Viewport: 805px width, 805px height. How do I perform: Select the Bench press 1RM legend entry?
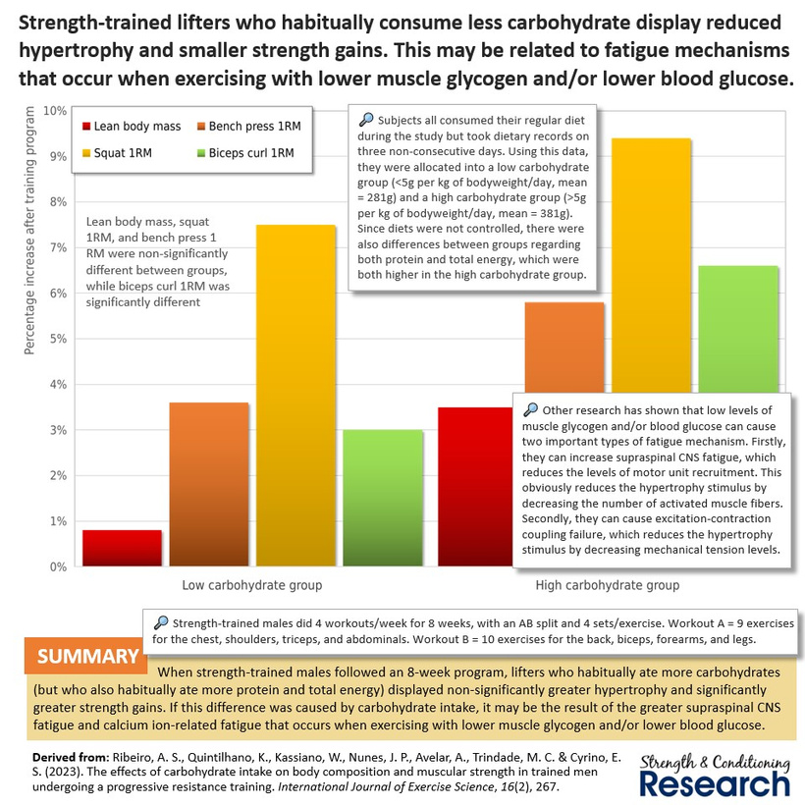pos(250,126)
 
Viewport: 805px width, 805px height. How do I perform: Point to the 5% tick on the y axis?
pos(58,339)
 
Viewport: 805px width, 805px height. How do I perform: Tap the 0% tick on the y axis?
pos(58,566)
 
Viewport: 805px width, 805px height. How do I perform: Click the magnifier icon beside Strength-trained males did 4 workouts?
pos(160,621)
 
